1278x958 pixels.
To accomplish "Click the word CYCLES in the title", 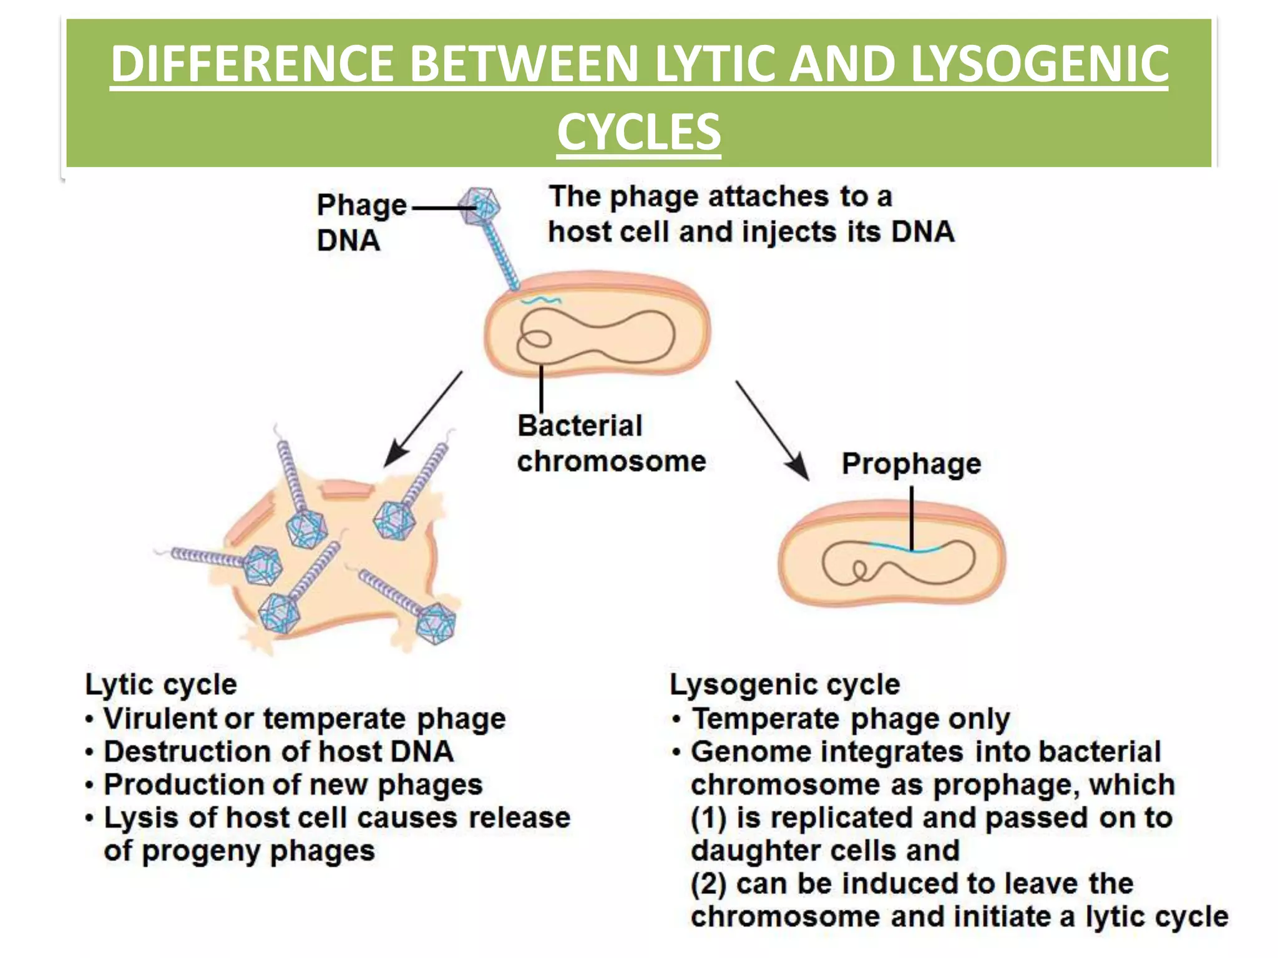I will click(638, 132).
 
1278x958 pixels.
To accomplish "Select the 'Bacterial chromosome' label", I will click(610, 443).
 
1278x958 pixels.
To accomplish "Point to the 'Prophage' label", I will click(911, 464).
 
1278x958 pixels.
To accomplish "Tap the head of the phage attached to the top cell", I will click(479, 206).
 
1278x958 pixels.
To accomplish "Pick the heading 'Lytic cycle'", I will click(161, 684).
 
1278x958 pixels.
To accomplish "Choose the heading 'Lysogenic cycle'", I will click(784, 684).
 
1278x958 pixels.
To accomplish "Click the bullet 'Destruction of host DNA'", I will click(278, 752).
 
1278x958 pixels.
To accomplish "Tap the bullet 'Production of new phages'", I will click(293, 785).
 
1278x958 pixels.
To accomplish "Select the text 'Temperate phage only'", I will click(851, 718).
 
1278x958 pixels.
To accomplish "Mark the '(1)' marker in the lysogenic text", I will click(709, 818).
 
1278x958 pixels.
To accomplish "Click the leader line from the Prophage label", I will click(912, 518).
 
